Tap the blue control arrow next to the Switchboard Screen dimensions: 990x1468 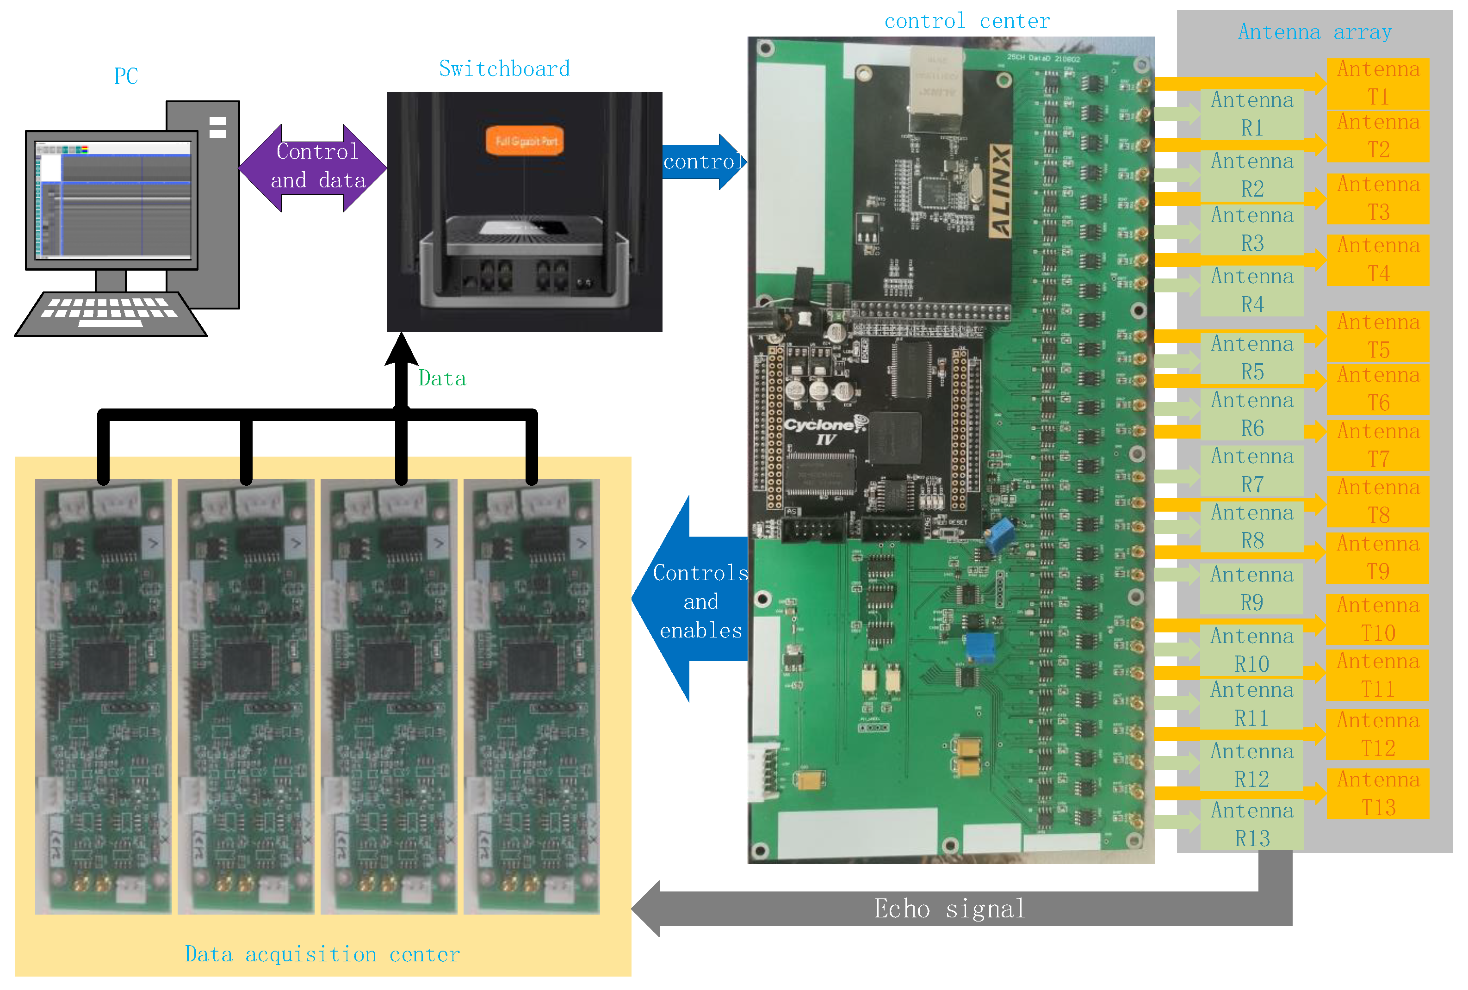(703, 161)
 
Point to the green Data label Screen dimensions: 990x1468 (442, 378)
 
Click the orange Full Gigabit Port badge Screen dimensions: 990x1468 (524, 140)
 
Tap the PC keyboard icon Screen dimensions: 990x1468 (111, 313)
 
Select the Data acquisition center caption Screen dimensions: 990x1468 (322, 953)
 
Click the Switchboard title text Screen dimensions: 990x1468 (504, 68)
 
